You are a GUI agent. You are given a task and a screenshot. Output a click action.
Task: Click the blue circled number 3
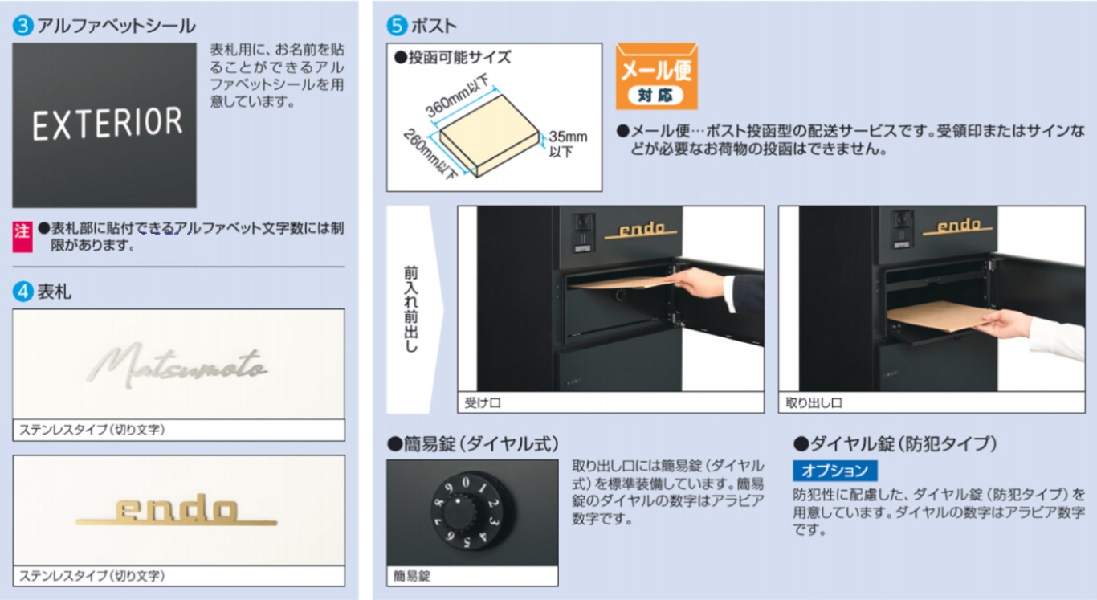pos(23,26)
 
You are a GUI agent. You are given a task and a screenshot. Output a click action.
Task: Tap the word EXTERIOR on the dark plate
pos(108,124)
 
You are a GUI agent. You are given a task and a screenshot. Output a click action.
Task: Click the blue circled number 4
pos(23,292)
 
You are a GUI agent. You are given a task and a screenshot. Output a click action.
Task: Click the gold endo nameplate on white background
pos(177,511)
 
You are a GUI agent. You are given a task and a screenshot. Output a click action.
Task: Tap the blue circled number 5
pos(398,26)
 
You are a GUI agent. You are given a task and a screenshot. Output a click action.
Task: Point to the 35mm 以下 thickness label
pos(567,143)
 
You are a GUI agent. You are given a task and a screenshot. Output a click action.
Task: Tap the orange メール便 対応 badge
pos(656,77)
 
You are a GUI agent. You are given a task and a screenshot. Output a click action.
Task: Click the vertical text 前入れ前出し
pos(410,309)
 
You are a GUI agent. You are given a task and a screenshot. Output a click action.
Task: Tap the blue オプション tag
pos(835,471)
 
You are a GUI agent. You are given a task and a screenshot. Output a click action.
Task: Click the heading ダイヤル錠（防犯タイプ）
pos(895,443)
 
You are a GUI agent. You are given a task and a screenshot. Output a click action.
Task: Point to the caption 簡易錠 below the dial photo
pos(412,576)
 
